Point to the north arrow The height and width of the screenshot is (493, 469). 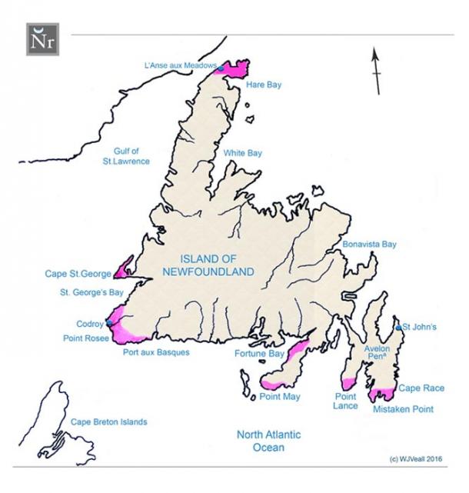pos(376,71)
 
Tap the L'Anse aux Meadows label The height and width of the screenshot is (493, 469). pos(180,67)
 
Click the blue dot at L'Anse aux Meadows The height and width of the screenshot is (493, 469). pos(221,69)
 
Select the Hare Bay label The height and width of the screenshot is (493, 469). pos(264,84)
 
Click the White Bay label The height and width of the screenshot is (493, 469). pos(243,153)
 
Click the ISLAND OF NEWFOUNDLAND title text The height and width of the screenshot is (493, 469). pos(209,265)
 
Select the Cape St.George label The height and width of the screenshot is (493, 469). pos(78,273)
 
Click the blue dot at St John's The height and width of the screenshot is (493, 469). pos(397,328)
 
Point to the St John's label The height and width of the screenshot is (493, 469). pos(420,328)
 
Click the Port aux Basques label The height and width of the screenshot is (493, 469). pos(155,353)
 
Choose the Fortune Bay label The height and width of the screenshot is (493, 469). pos(259,354)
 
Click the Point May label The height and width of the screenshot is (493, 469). pos(279,397)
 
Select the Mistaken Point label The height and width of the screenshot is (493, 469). pos(403,409)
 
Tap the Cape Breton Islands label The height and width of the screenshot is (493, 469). pos(108,421)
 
